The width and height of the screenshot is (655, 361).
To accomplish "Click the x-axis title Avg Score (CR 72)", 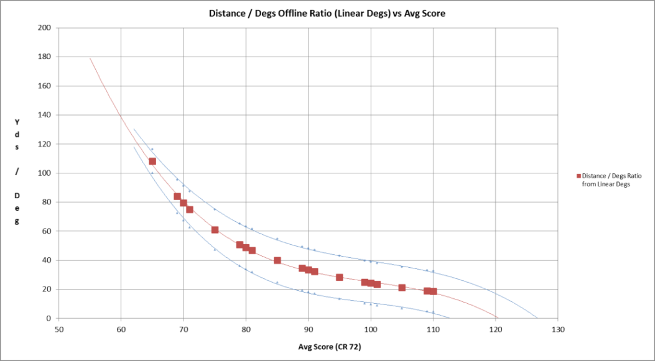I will (x=308, y=346).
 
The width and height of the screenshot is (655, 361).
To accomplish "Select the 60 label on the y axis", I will (x=46, y=231).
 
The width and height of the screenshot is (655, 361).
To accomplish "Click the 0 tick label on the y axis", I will (x=49, y=318).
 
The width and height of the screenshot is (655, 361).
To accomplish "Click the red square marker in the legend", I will (x=578, y=176).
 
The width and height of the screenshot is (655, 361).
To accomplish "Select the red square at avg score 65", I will (x=152, y=162).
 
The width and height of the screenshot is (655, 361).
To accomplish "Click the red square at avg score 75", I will (x=215, y=230).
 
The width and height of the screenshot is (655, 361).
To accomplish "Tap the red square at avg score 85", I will (x=277, y=260).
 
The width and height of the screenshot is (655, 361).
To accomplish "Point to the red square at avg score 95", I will (x=340, y=277).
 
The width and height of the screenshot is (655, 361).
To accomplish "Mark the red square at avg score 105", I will (x=402, y=288).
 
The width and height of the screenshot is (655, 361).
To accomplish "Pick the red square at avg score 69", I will (x=177, y=196).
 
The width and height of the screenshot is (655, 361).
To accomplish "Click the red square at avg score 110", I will (x=433, y=291).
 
